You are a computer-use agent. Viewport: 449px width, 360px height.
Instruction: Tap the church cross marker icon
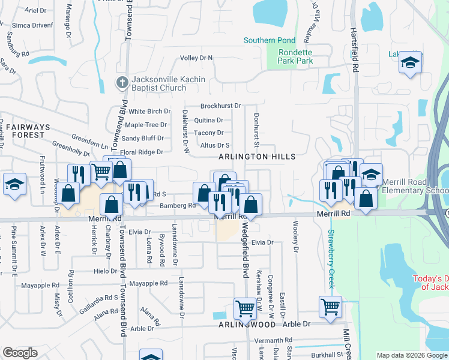click(122, 81)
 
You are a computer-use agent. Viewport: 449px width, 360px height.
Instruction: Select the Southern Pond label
click(270, 41)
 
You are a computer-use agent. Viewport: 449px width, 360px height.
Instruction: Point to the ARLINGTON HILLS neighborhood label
click(257, 157)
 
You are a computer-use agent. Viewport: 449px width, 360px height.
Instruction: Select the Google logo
click(20, 353)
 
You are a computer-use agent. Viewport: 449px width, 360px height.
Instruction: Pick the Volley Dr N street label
click(197, 58)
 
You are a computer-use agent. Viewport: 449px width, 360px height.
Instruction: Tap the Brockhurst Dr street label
click(220, 106)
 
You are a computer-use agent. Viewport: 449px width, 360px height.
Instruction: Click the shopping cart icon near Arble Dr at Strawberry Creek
click(330, 306)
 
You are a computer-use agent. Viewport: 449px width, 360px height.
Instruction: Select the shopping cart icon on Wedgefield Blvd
click(246, 308)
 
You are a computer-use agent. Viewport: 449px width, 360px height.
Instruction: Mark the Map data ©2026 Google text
click(411, 355)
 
